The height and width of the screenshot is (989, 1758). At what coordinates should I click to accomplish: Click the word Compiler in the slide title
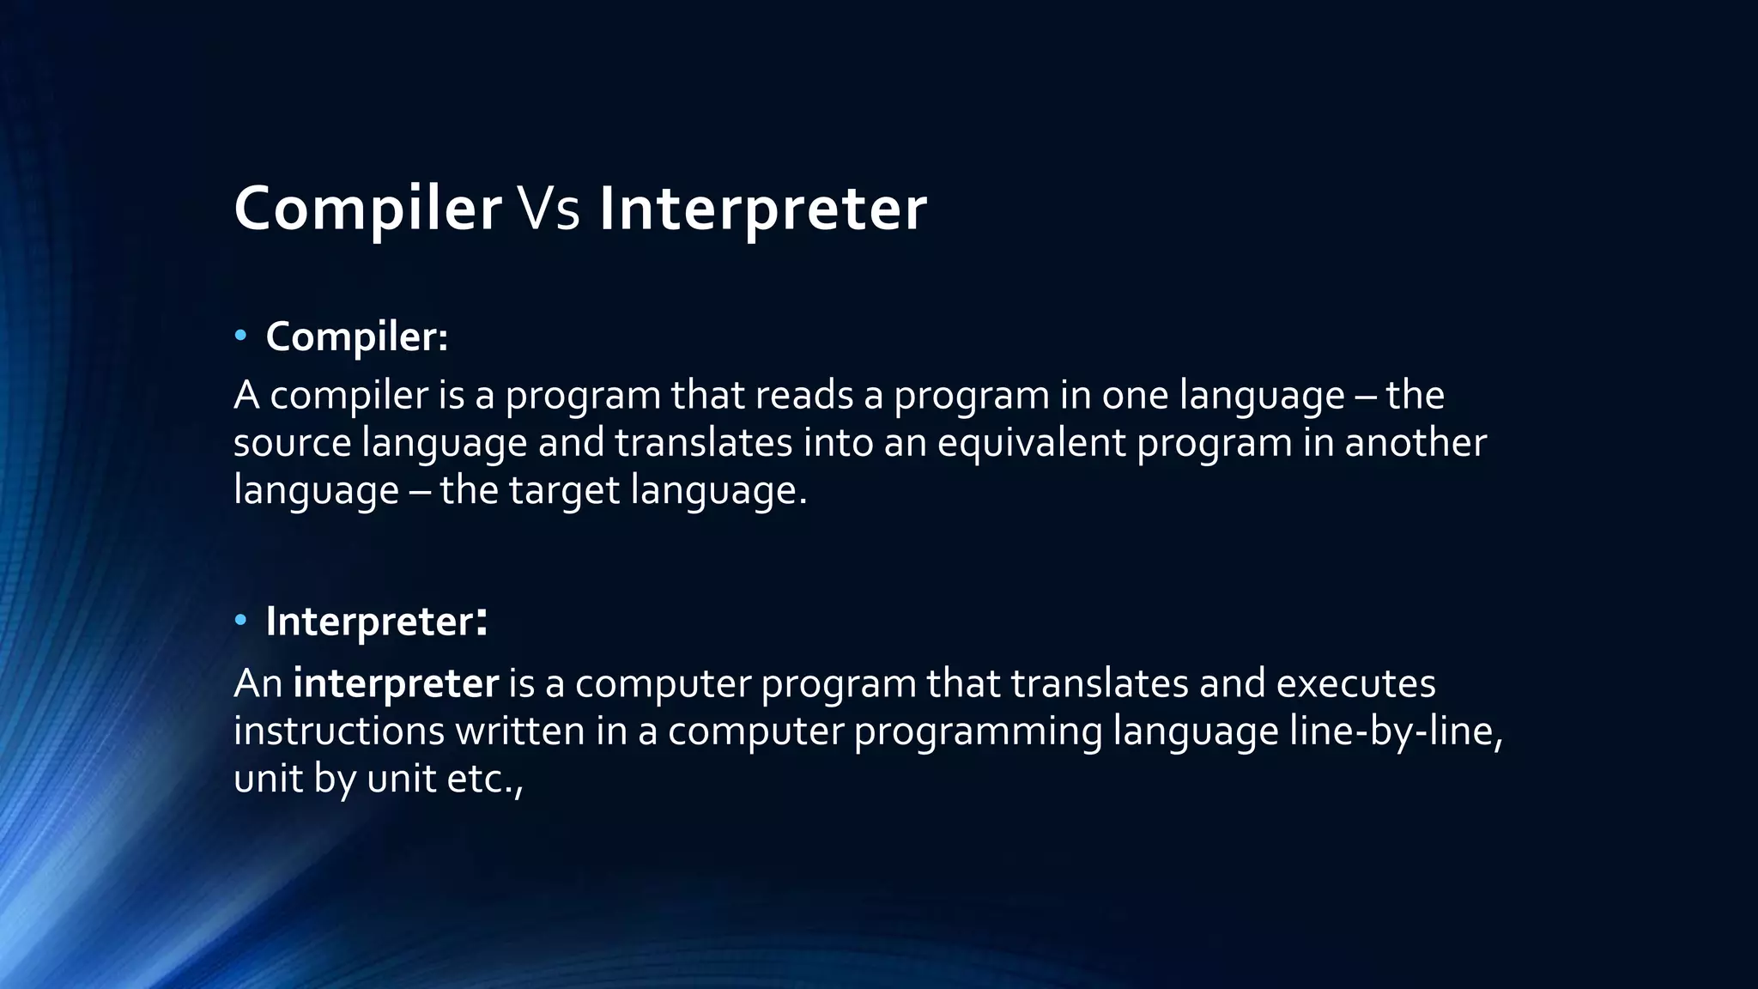(x=367, y=209)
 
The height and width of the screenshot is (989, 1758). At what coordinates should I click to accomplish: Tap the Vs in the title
(x=549, y=209)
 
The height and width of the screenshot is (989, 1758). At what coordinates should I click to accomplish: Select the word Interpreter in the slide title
(x=762, y=209)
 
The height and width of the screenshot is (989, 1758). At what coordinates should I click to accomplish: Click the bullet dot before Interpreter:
(x=240, y=620)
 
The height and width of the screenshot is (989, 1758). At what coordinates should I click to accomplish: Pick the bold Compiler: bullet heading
(x=356, y=336)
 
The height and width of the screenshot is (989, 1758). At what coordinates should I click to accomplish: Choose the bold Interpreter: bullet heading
(x=376, y=621)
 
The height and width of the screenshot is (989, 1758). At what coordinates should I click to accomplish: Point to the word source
(x=292, y=443)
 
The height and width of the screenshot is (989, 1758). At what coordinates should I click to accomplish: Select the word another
(x=1415, y=443)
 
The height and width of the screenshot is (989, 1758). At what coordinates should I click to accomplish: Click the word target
(x=564, y=491)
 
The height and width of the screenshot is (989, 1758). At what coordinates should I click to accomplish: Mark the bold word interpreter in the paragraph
(x=396, y=683)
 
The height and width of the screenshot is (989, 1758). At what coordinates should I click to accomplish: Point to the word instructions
(x=339, y=731)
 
